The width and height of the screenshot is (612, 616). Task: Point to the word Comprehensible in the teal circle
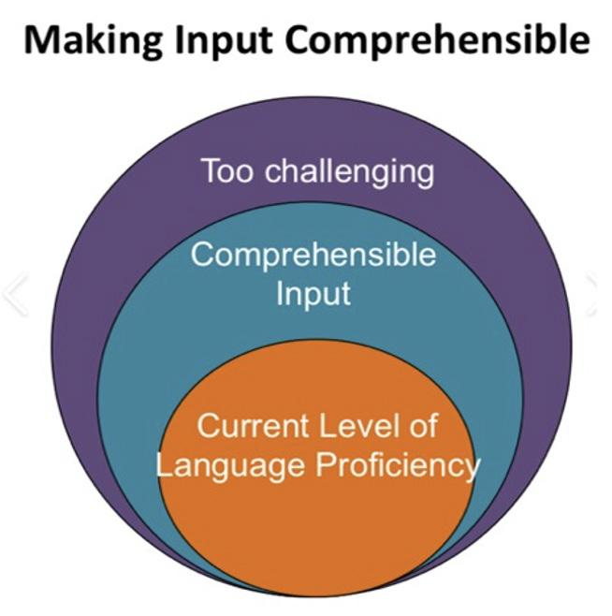point(313,255)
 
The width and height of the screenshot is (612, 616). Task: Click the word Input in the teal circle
point(313,293)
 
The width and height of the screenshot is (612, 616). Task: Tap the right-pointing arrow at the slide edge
point(599,293)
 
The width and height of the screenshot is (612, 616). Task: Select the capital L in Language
point(163,463)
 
